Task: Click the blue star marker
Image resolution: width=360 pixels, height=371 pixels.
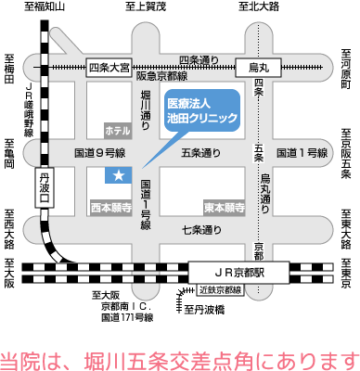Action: (x=119, y=174)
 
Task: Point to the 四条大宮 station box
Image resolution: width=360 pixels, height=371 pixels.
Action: (x=109, y=67)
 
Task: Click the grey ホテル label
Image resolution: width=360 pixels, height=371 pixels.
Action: (x=118, y=130)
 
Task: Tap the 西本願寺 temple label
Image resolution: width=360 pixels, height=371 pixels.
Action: (x=112, y=208)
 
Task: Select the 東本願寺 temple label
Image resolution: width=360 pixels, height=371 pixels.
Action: (x=222, y=208)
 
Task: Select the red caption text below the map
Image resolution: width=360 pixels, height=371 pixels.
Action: (x=180, y=357)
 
